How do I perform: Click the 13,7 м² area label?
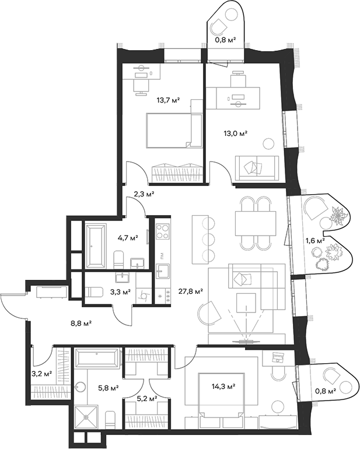pyautogui.click(x=167, y=100)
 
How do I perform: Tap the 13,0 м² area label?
pyautogui.click(x=236, y=133)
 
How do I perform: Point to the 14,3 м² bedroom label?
pyautogui.click(x=224, y=386)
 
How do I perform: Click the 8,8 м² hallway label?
pyautogui.click(x=81, y=321)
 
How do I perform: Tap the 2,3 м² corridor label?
pyautogui.click(x=143, y=195)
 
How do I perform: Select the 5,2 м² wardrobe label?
pyautogui.click(x=146, y=399)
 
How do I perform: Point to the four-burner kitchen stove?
pyautogui.click(x=162, y=231)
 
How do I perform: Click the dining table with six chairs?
pyautogui.click(x=255, y=221)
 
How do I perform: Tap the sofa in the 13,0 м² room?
pyautogui.click(x=256, y=167)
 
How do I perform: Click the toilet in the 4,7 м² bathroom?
pyautogui.click(x=118, y=258)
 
